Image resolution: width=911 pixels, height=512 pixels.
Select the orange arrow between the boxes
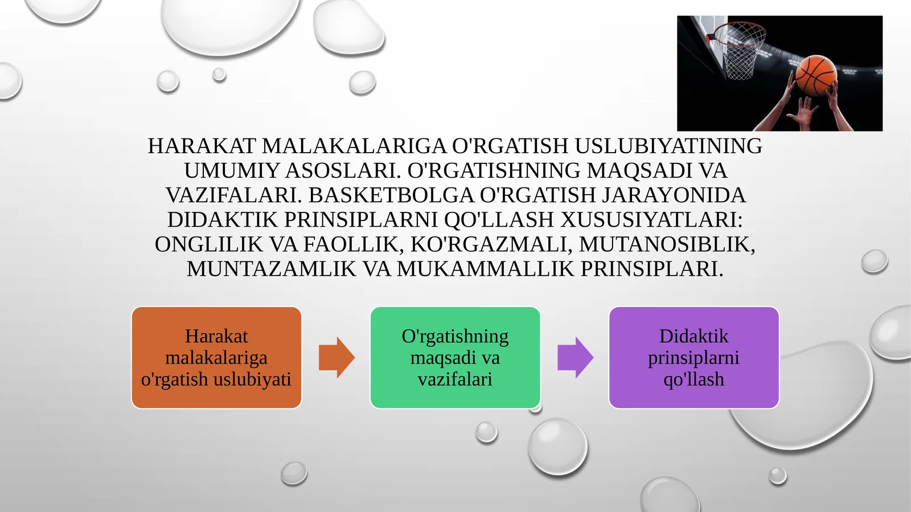[x=337, y=358]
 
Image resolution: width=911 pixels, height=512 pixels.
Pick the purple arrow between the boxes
[x=575, y=358]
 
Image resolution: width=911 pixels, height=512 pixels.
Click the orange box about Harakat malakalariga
[x=216, y=358]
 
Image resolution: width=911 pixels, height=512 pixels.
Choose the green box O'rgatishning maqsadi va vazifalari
[x=455, y=358]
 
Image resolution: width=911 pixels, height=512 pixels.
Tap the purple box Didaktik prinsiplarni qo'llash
[x=693, y=358]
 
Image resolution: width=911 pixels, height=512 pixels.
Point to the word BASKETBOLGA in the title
[x=391, y=195]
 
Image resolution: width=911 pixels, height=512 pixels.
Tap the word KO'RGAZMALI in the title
[x=491, y=244]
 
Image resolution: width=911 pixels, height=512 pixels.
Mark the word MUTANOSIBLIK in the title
[x=667, y=244]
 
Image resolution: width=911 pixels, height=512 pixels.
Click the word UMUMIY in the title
[x=231, y=171]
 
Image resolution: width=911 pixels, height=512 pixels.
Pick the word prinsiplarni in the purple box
[x=693, y=358]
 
